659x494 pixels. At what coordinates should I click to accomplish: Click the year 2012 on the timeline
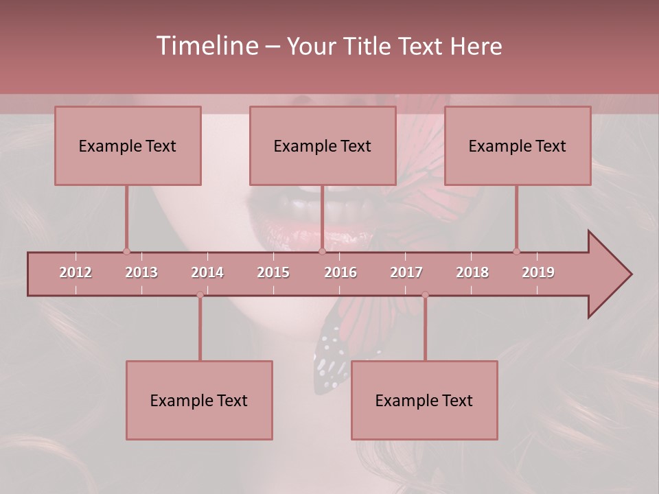pyautogui.click(x=76, y=272)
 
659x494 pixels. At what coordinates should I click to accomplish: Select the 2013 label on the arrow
pyautogui.click(x=141, y=272)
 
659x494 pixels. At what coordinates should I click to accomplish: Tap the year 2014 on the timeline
pyautogui.click(x=207, y=272)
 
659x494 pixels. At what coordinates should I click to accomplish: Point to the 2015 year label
pyautogui.click(x=273, y=272)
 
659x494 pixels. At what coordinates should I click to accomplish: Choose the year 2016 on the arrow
pyautogui.click(x=340, y=272)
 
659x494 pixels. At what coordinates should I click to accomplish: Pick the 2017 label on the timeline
pyautogui.click(x=406, y=272)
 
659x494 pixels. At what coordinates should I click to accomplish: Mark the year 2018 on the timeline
pyautogui.click(x=472, y=272)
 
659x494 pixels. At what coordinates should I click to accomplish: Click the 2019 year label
pyautogui.click(x=538, y=272)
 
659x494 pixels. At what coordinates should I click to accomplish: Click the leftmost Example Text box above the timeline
pyautogui.click(x=128, y=145)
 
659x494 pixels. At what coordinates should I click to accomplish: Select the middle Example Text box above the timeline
pyautogui.click(x=323, y=145)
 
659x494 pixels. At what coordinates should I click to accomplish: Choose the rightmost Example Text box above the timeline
pyautogui.click(x=518, y=145)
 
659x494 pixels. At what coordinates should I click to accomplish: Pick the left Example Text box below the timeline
pyautogui.click(x=199, y=400)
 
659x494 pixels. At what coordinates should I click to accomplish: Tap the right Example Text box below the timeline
pyautogui.click(x=424, y=400)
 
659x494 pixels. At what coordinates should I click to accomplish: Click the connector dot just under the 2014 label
pyautogui.click(x=200, y=294)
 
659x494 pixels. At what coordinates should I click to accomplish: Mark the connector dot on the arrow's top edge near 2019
pyautogui.click(x=516, y=251)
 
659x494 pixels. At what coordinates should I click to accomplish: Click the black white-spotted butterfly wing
pyautogui.click(x=329, y=360)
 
